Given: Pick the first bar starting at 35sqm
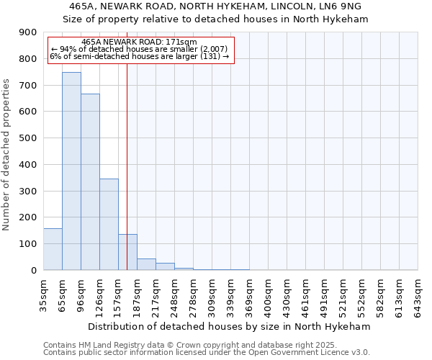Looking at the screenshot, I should [x=53, y=249].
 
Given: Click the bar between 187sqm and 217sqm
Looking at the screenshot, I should [x=146, y=264].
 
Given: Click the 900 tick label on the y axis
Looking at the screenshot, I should [x=28, y=32].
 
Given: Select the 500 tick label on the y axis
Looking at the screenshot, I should [x=28, y=138].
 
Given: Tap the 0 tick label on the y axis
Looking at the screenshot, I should [x=34, y=271].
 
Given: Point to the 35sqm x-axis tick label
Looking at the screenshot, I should [x=44, y=294].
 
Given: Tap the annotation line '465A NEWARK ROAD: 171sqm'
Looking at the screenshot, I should [x=139, y=42].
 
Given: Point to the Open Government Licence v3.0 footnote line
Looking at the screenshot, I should [x=207, y=352].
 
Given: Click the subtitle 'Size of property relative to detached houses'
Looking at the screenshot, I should [x=215, y=19].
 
